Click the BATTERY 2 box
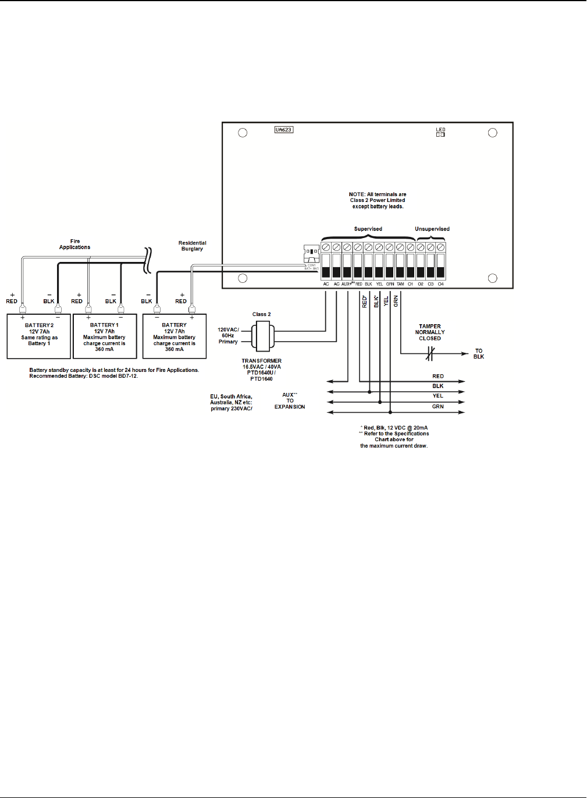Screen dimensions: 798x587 click(38, 336)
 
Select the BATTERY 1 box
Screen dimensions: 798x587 click(105, 336)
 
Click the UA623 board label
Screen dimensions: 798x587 click(284, 130)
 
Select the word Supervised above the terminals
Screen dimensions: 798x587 click(368, 229)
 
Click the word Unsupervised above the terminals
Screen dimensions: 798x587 click(432, 229)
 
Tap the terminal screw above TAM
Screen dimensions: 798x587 click(400, 247)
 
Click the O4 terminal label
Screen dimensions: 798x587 click(441, 284)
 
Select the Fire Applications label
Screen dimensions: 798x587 click(74, 244)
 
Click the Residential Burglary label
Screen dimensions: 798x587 click(192, 246)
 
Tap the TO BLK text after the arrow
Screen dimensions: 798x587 click(479, 353)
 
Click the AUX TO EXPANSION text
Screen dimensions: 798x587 click(290, 400)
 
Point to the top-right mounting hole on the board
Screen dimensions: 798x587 click(492, 133)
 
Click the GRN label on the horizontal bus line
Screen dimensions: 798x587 click(438, 407)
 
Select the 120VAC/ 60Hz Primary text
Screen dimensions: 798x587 click(228, 335)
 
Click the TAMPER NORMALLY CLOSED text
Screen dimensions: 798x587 click(430, 332)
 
